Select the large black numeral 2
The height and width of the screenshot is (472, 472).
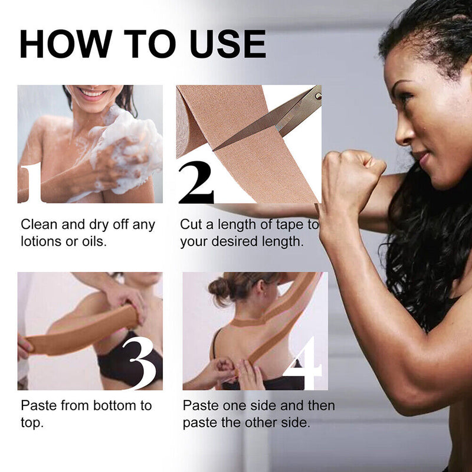(x=196, y=183)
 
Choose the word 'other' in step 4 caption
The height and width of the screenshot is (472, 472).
(x=271, y=423)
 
